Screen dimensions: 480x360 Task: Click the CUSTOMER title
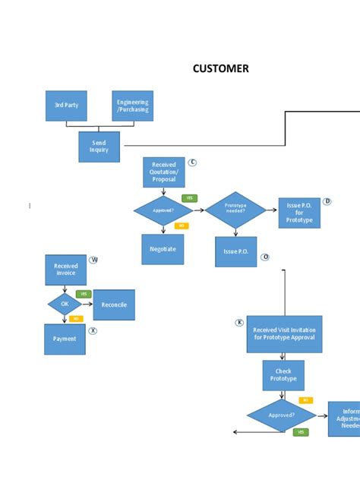pos(220,69)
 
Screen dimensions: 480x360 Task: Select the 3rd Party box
pos(66,106)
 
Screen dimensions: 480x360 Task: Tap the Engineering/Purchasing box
pos(133,106)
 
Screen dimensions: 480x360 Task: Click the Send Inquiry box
pos(99,147)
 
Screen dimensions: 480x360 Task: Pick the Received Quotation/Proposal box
pos(163,172)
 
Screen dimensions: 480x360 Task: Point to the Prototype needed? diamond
pos(235,210)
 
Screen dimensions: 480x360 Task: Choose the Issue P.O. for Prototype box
pos(299,213)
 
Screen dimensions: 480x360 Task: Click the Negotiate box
pos(163,249)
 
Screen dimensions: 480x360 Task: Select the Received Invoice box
pos(65,270)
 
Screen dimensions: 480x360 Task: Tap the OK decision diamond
pos(65,305)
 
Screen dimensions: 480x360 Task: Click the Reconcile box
pos(114,305)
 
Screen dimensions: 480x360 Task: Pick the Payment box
pos(65,339)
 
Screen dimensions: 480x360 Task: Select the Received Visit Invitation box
pos(284,334)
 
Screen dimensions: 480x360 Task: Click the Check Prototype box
pos(283,374)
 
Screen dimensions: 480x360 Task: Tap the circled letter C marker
pos(192,163)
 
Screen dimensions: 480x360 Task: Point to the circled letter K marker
pos(239,322)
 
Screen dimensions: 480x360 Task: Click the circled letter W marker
pos(94,260)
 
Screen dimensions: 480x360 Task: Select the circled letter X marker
pos(93,330)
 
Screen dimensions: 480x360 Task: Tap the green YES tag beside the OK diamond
pos(84,294)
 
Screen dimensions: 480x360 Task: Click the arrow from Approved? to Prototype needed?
pos(199,210)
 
